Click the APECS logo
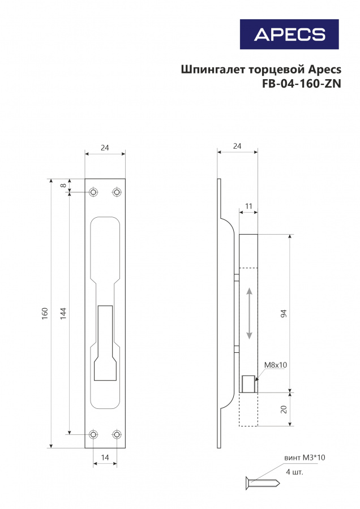pyautogui.click(x=289, y=34)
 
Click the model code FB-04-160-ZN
pyautogui.click(x=302, y=84)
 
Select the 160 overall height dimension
pyautogui.click(x=45, y=313)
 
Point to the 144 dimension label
pyautogui.click(x=63, y=313)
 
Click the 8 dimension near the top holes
pyautogui.click(x=64, y=186)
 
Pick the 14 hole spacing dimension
pyautogui.click(x=105, y=458)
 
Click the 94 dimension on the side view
pyautogui.click(x=284, y=313)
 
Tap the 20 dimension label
pyautogui.click(x=284, y=409)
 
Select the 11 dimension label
pyautogui.click(x=248, y=206)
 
